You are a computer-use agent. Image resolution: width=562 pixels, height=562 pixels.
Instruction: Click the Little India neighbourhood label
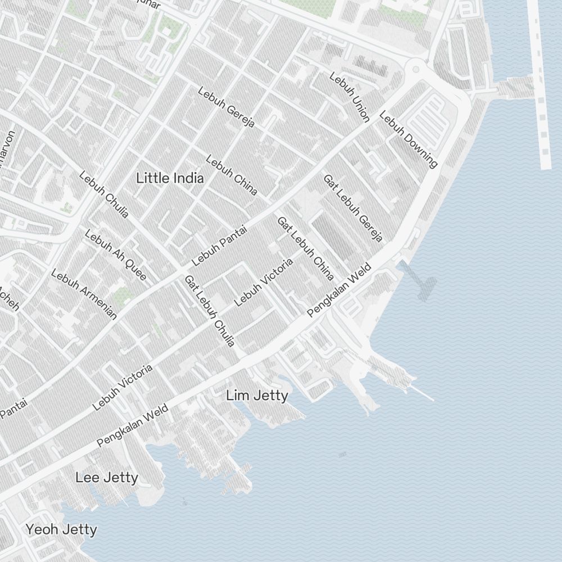pyautogui.click(x=170, y=178)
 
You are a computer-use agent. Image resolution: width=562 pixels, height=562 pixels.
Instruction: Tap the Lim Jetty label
pyautogui.click(x=257, y=396)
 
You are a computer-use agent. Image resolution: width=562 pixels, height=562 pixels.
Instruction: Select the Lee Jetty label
pyautogui.click(x=107, y=478)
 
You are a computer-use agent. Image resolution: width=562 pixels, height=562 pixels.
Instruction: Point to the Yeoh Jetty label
pyautogui.click(x=61, y=529)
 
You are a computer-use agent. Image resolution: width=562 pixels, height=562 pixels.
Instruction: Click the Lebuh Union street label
pyautogui.click(x=350, y=97)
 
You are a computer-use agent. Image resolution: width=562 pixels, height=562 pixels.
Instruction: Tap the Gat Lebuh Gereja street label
pyautogui.click(x=352, y=208)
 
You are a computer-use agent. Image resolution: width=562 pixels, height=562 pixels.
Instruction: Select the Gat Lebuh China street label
pyautogui.click(x=306, y=248)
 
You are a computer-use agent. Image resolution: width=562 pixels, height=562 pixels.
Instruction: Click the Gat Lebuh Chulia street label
pyautogui.click(x=210, y=311)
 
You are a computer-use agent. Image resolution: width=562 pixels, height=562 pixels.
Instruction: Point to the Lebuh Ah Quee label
pyautogui.click(x=115, y=255)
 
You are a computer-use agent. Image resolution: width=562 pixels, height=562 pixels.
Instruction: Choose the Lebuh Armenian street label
pyautogui.click(x=84, y=294)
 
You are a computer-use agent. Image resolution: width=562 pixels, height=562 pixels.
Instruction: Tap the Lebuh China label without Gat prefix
pyautogui.click(x=232, y=175)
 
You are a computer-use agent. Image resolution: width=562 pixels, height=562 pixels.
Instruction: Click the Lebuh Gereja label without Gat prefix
pyautogui.click(x=226, y=107)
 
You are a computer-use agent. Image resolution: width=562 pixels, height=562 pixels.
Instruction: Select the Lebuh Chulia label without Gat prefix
pyautogui.click(x=104, y=194)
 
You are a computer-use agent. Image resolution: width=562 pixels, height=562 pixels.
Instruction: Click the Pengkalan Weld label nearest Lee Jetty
pyautogui.click(x=125, y=428)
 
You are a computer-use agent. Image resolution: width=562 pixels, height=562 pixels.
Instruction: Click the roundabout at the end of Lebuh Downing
pyautogui.click(x=416, y=69)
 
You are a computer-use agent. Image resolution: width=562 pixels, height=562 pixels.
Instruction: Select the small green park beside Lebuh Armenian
pyautogui.click(x=120, y=296)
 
